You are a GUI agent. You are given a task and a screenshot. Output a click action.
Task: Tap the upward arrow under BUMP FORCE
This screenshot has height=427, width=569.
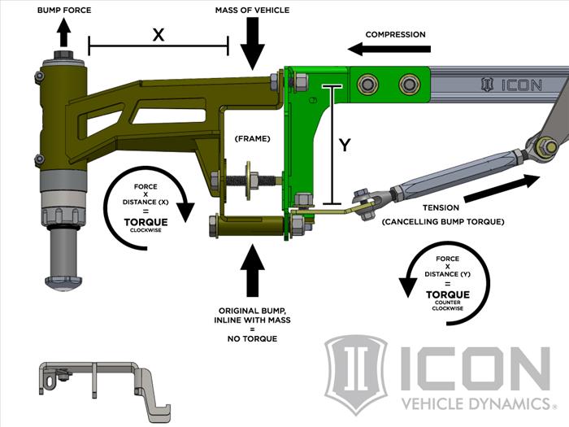pyautogui.click(x=63, y=34)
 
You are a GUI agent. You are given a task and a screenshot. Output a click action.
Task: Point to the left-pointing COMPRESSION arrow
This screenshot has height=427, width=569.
pyautogui.click(x=383, y=50)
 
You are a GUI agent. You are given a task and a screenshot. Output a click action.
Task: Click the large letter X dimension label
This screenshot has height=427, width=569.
pyautogui.click(x=158, y=34)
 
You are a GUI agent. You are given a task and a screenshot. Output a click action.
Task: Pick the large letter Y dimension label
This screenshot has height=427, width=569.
pyautogui.click(x=345, y=146)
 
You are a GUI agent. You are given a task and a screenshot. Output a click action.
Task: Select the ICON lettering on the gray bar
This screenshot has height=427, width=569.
pyautogui.click(x=523, y=85)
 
